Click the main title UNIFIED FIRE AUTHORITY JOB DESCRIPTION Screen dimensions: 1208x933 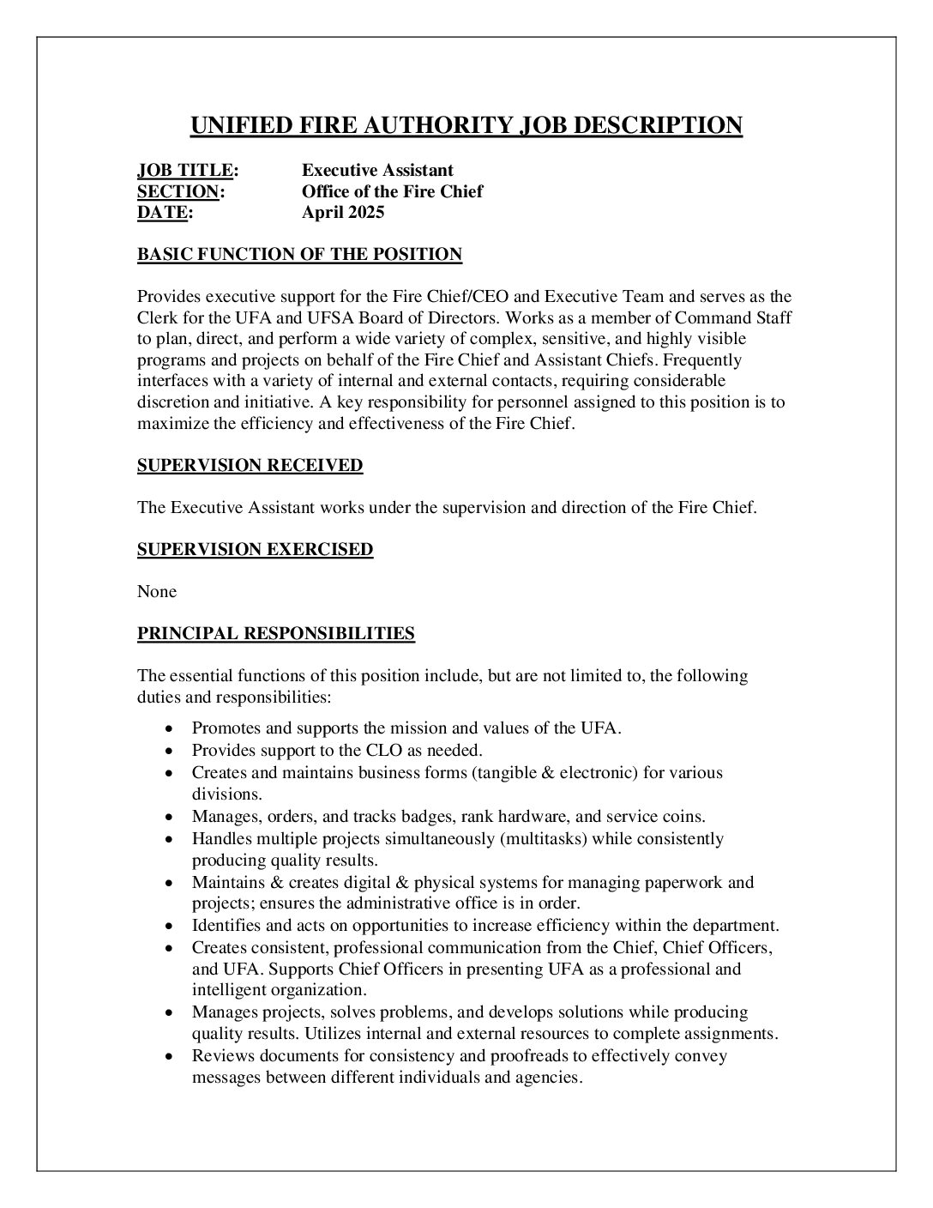pyautogui.click(x=466, y=125)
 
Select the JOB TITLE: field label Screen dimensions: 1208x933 pyautogui.click(x=188, y=171)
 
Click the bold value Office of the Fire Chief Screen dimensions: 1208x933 pyautogui.click(x=392, y=191)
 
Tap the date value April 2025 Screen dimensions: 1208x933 pyautogui.click(x=343, y=212)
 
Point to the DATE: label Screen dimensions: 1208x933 pyautogui.click(x=165, y=212)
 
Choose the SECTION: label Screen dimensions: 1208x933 pyautogui.click(x=181, y=191)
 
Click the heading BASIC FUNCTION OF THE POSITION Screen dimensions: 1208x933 pyautogui.click(x=299, y=254)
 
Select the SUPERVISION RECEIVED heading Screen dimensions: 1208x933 pyautogui.click(x=250, y=465)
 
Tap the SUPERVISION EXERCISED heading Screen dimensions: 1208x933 pyautogui.click(x=255, y=549)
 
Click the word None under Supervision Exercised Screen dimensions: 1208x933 pyautogui.click(x=157, y=591)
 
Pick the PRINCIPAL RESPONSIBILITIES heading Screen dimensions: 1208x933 pyautogui.click(x=275, y=633)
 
